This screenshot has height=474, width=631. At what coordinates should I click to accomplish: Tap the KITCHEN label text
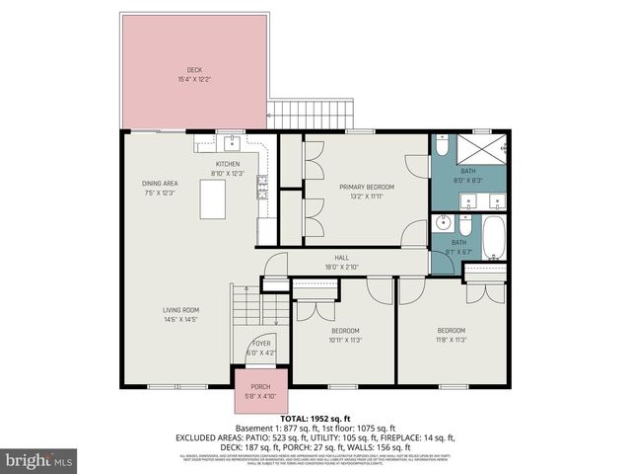[x=229, y=164]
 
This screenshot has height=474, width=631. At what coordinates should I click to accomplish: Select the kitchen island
[x=214, y=199]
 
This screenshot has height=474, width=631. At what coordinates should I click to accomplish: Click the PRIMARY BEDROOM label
[x=367, y=187]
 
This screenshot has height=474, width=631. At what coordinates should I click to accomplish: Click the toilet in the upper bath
[x=443, y=147]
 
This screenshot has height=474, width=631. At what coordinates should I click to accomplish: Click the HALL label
[x=342, y=258]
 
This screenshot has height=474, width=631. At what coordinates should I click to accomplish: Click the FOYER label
[x=261, y=343]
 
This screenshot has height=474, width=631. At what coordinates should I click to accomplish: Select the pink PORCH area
[x=260, y=389]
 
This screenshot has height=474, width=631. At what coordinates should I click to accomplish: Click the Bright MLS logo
[x=39, y=460]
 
